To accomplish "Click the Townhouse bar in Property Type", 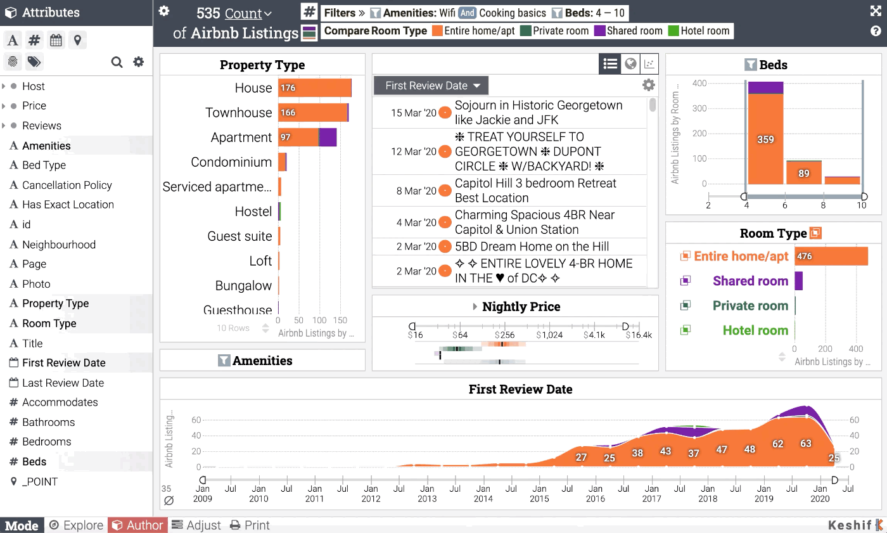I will pos(313,113).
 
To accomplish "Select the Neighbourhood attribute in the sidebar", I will pos(59,245).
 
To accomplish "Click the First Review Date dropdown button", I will pos(431,86).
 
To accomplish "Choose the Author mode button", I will pos(137,525).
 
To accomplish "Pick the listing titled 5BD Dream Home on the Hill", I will pos(532,247).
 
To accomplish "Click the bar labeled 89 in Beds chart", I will pos(803,172).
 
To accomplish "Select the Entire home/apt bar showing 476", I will pos(831,256).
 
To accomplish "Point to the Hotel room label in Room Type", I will pos(755,330).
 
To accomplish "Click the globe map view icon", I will pos(630,63).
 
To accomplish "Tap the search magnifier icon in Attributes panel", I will pos(117,61).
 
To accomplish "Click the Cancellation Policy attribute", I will pos(67,185).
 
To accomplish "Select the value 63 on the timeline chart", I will pos(805,444).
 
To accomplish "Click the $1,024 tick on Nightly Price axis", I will pos(549,335).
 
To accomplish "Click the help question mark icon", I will pos(876,31).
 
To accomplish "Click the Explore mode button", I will pos(76,525).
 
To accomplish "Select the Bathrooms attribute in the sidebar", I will pos(48,422).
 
